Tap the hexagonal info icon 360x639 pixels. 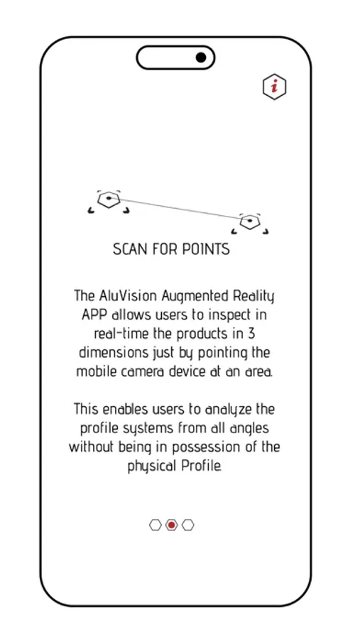coord(274,87)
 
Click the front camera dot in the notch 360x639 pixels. coord(201,58)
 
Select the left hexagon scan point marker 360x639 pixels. coord(109,200)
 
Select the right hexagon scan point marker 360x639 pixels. coord(249,222)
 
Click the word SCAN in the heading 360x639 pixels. coord(130,250)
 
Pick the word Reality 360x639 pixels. coord(254,295)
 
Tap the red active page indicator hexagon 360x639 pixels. coord(171,525)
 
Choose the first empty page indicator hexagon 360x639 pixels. coord(156,525)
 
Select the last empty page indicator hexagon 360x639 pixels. coord(187,525)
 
